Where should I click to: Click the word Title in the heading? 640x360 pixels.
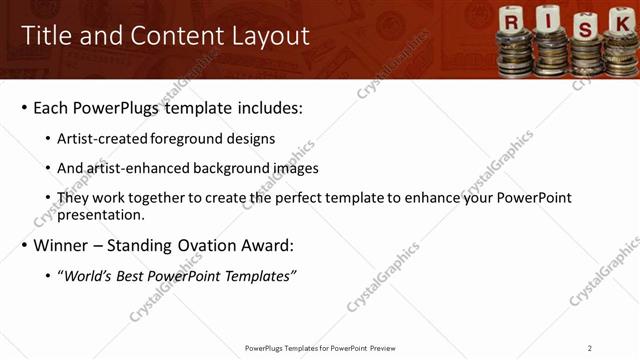(46, 36)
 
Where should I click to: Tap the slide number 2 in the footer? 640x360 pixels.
(590, 348)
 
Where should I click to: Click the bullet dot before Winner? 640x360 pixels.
(24, 245)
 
